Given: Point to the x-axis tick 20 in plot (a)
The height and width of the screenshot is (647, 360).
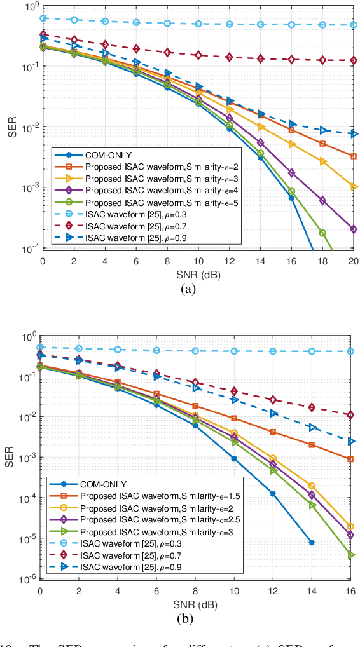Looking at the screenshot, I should click(353, 261).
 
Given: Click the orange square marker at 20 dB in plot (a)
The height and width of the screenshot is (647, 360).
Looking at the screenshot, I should click(354, 156).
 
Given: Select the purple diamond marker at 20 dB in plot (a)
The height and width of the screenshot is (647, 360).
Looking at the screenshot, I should click(354, 229).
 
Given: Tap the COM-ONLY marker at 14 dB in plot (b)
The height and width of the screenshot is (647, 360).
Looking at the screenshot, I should click(312, 542).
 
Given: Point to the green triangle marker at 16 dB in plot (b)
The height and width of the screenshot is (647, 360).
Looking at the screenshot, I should click(351, 555).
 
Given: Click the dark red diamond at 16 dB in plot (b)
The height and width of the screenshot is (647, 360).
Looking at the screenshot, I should click(351, 415).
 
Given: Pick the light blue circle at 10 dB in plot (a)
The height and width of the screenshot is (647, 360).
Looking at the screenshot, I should click(198, 24).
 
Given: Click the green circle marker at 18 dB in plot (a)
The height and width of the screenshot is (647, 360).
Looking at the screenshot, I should click(322, 233).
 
